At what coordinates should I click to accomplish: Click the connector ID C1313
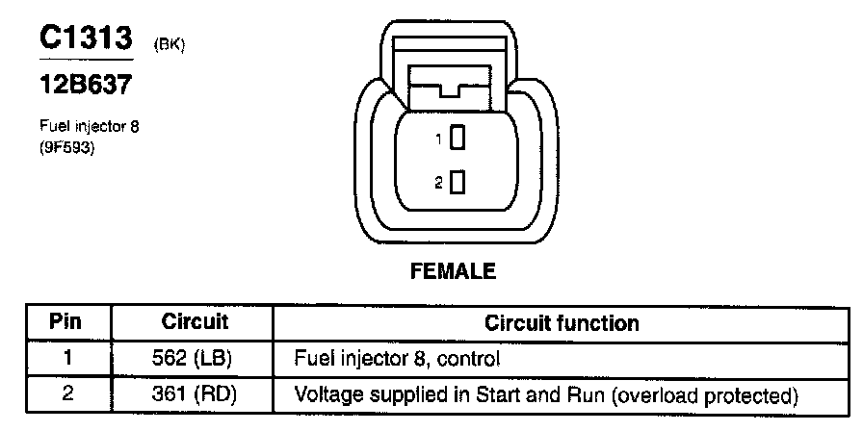point(84,39)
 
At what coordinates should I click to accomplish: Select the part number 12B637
point(85,86)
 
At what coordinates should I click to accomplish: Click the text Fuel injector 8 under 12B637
point(90,126)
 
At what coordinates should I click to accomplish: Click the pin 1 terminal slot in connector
point(458,139)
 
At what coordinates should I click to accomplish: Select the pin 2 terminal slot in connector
point(458,182)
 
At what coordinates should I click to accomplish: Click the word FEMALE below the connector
point(453,271)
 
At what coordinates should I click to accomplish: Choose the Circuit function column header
point(561,322)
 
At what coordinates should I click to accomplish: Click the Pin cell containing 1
point(65,359)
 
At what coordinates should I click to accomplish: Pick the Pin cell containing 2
point(65,394)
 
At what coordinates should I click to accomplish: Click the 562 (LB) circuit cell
point(194,359)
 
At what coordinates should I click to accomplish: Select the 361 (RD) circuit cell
point(194,394)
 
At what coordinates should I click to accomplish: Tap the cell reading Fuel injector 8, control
point(398,359)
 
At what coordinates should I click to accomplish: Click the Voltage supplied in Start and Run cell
point(546,394)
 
